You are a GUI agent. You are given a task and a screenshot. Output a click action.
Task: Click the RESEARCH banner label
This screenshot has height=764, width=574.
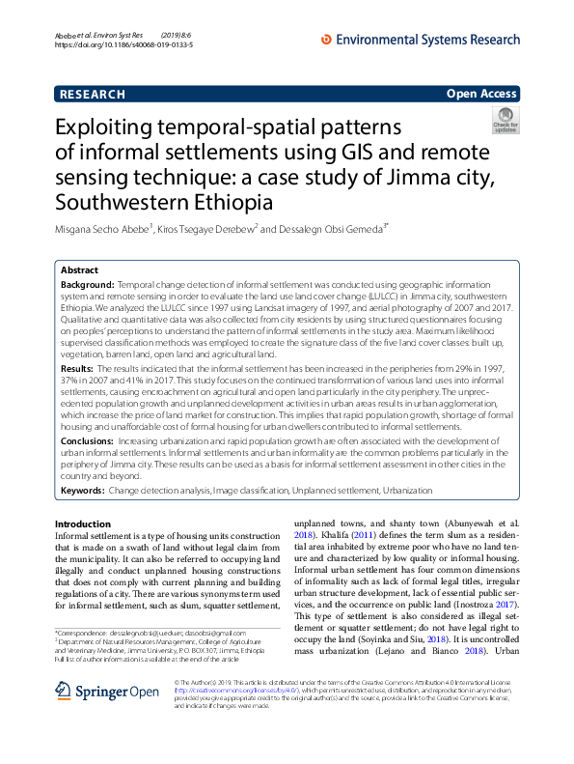(93, 94)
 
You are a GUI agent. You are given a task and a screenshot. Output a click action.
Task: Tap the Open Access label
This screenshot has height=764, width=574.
(481, 94)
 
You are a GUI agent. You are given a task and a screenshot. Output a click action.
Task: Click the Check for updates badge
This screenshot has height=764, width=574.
(505, 121)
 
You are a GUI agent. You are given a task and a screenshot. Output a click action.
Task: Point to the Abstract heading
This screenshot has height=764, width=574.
(79, 271)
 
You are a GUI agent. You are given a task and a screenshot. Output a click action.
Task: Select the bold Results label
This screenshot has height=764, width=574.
(77, 369)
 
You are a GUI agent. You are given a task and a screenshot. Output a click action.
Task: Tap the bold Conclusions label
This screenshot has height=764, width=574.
(88, 439)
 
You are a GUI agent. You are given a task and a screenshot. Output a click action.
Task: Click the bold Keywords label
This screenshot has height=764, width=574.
(82, 491)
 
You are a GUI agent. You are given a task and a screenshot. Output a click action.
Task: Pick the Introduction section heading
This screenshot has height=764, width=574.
(82, 523)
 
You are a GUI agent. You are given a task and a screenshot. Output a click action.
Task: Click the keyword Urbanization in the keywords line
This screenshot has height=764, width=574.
(408, 491)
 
